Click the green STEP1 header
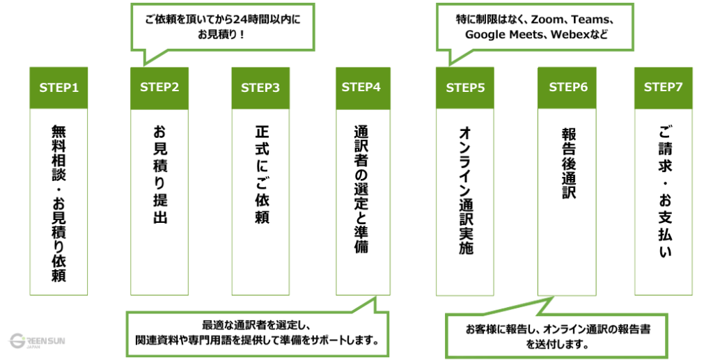pyautogui.click(x=58, y=88)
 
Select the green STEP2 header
pyautogui.click(x=159, y=88)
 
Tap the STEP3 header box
pyautogui.click(x=260, y=88)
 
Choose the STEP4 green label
pyautogui.click(x=362, y=88)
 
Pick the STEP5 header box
pyautogui.click(x=465, y=88)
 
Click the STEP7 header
pyautogui.click(x=664, y=88)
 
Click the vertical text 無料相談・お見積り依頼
pyautogui.click(x=58, y=203)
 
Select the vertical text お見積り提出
pyautogui.click(x=159, y=173)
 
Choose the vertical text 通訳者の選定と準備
pyautogui.click(x=362, y=189)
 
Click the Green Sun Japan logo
pyautogui.click(x=35, y=341)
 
